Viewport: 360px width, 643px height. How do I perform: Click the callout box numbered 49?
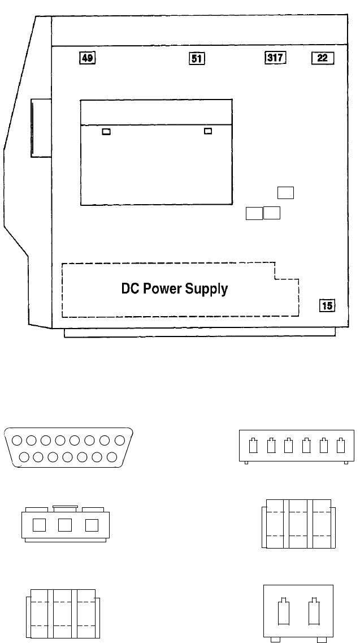click(87, 57)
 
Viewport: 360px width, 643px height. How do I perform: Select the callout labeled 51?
click(196, 58)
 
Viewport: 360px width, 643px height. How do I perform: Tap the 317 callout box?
click(275, 57)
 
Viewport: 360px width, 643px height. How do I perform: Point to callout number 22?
click(323, 58)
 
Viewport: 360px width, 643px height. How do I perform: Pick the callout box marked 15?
click(327, 306)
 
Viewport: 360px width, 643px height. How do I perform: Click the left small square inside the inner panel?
click(106, 132)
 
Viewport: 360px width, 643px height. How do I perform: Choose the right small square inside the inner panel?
click(208, 132)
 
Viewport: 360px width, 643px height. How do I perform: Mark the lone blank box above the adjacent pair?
click(286, 193)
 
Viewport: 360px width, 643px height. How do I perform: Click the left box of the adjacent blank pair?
click(254, 213)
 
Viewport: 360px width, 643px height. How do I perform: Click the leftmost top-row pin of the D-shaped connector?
click(18, 440)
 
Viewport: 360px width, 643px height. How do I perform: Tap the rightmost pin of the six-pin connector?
click(340, 446)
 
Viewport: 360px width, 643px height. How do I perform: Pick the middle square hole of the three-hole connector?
click(65, 525)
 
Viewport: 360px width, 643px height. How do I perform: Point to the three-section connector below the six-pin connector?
click(297, 523)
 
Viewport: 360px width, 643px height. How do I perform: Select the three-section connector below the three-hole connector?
click(63, 614)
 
